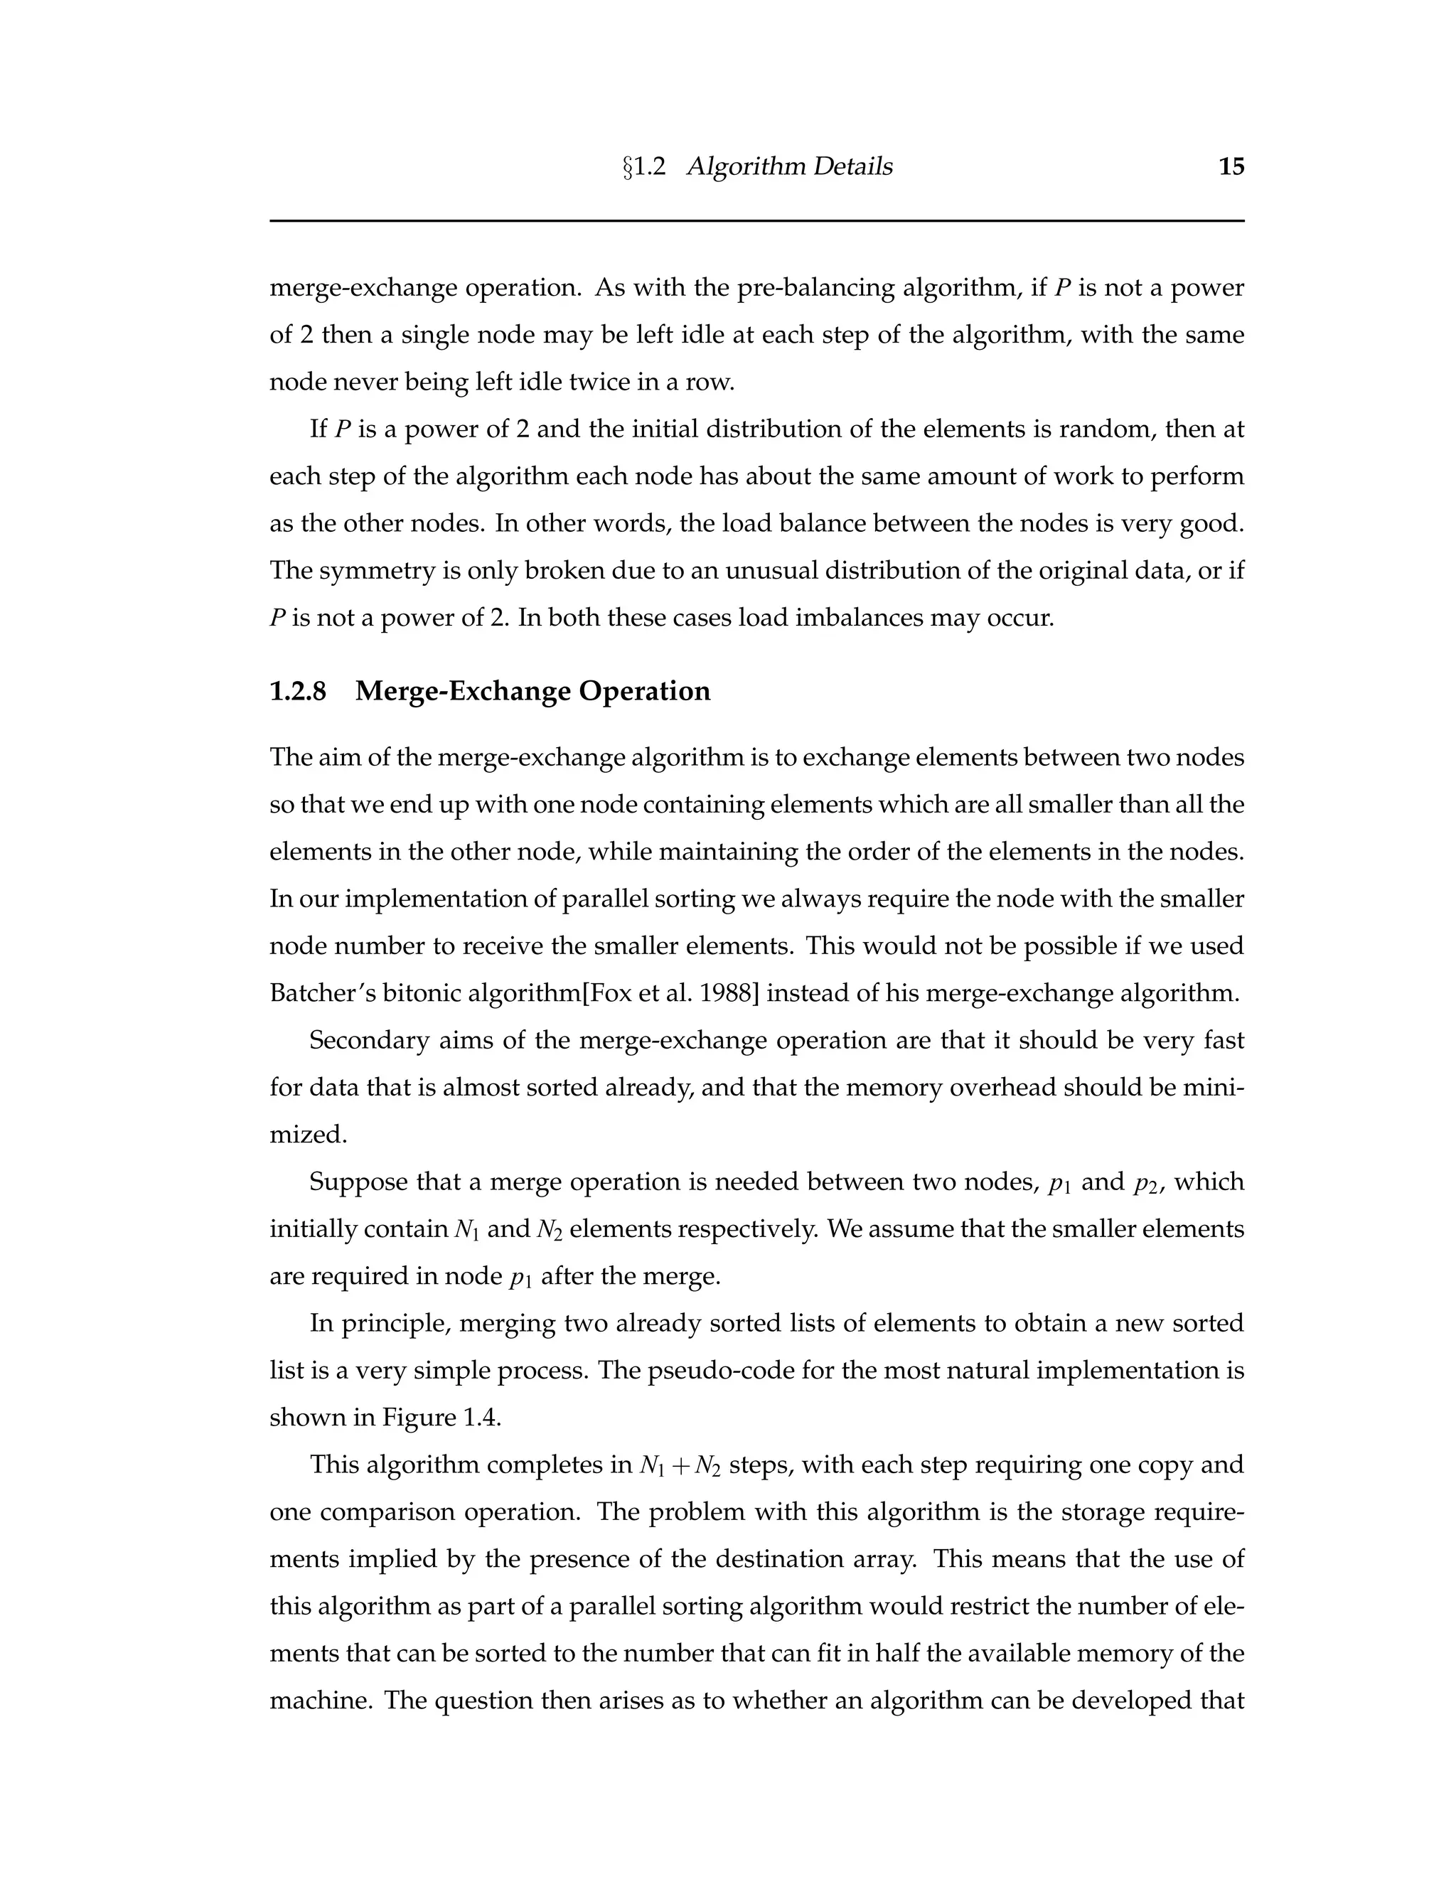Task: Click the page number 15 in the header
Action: [1231, 166]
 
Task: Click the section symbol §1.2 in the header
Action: [644, 166]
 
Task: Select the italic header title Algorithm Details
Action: [789, 166]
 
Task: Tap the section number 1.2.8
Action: [298, 691]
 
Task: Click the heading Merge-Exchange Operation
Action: [533, 691]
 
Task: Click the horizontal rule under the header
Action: [756, 221]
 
